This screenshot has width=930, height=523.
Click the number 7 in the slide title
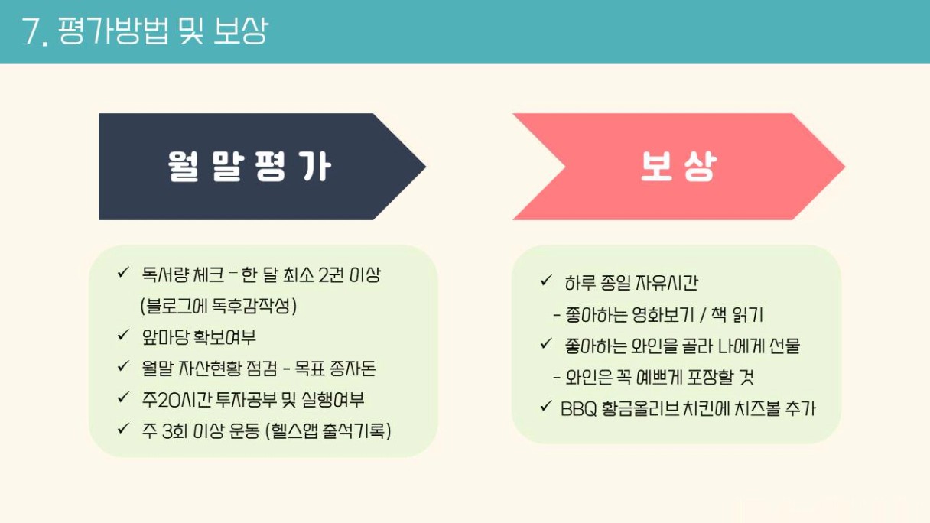tap(31, 31)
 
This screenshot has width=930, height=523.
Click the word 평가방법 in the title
tap(113, 31)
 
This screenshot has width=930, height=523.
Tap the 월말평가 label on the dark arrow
tap(249, 166)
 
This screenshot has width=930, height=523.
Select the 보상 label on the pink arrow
tap(679, 166)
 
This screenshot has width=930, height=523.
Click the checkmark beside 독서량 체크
tap(123, 273)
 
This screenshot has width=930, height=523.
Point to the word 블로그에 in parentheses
tap(173, 307)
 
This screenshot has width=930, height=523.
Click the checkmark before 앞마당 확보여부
tap(123, 335)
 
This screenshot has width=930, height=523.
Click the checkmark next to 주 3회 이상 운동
tap(123, 429)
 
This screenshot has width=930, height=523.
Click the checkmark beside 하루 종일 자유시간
tap(546, 281)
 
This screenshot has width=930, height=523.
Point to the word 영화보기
tap(662, 315)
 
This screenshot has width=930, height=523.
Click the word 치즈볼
tap(758, 408)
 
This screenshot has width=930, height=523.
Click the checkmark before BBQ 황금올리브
tap(546, 406)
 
